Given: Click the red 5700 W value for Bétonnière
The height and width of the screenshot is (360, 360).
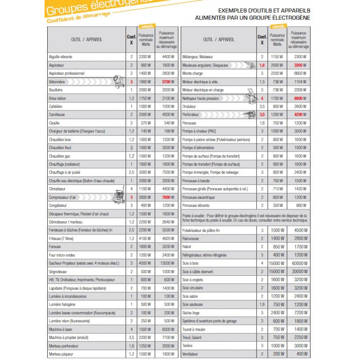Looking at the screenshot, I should (x=166, y=82).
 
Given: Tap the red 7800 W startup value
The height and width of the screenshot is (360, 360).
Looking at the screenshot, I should (x=166, y=197).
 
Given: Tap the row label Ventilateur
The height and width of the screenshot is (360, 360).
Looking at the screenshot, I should (x=191, y=354).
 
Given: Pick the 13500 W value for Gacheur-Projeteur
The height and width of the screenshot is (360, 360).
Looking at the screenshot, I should (x=166, y=263).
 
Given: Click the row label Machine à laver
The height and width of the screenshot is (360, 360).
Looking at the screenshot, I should (x=59, y=329).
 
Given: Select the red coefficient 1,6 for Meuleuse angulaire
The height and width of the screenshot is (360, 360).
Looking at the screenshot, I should (x=262, y=65).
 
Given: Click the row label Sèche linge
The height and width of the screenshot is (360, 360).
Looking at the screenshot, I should (x=191, y=313).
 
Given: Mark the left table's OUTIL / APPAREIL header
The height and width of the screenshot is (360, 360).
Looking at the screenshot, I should (x=87, y=40).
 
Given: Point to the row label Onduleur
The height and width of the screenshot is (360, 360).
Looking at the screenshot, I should (x=189, y=107).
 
